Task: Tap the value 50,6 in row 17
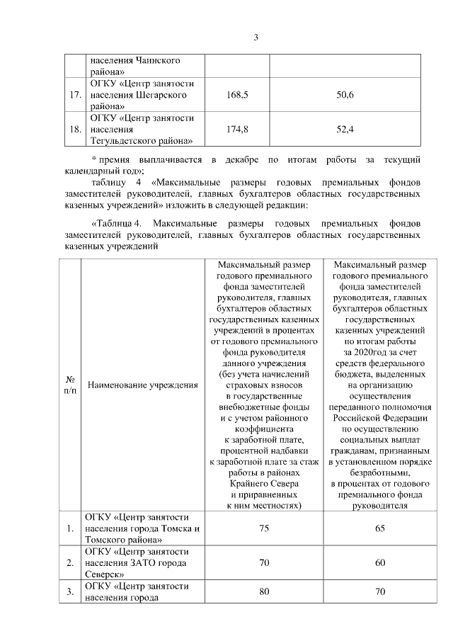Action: [x=345, y=95]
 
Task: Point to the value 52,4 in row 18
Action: [x=345, y=129]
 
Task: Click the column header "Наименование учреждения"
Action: [x=142, y=385]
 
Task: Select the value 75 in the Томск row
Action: [x=264, y=528]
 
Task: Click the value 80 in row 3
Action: [x=264, y=591]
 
